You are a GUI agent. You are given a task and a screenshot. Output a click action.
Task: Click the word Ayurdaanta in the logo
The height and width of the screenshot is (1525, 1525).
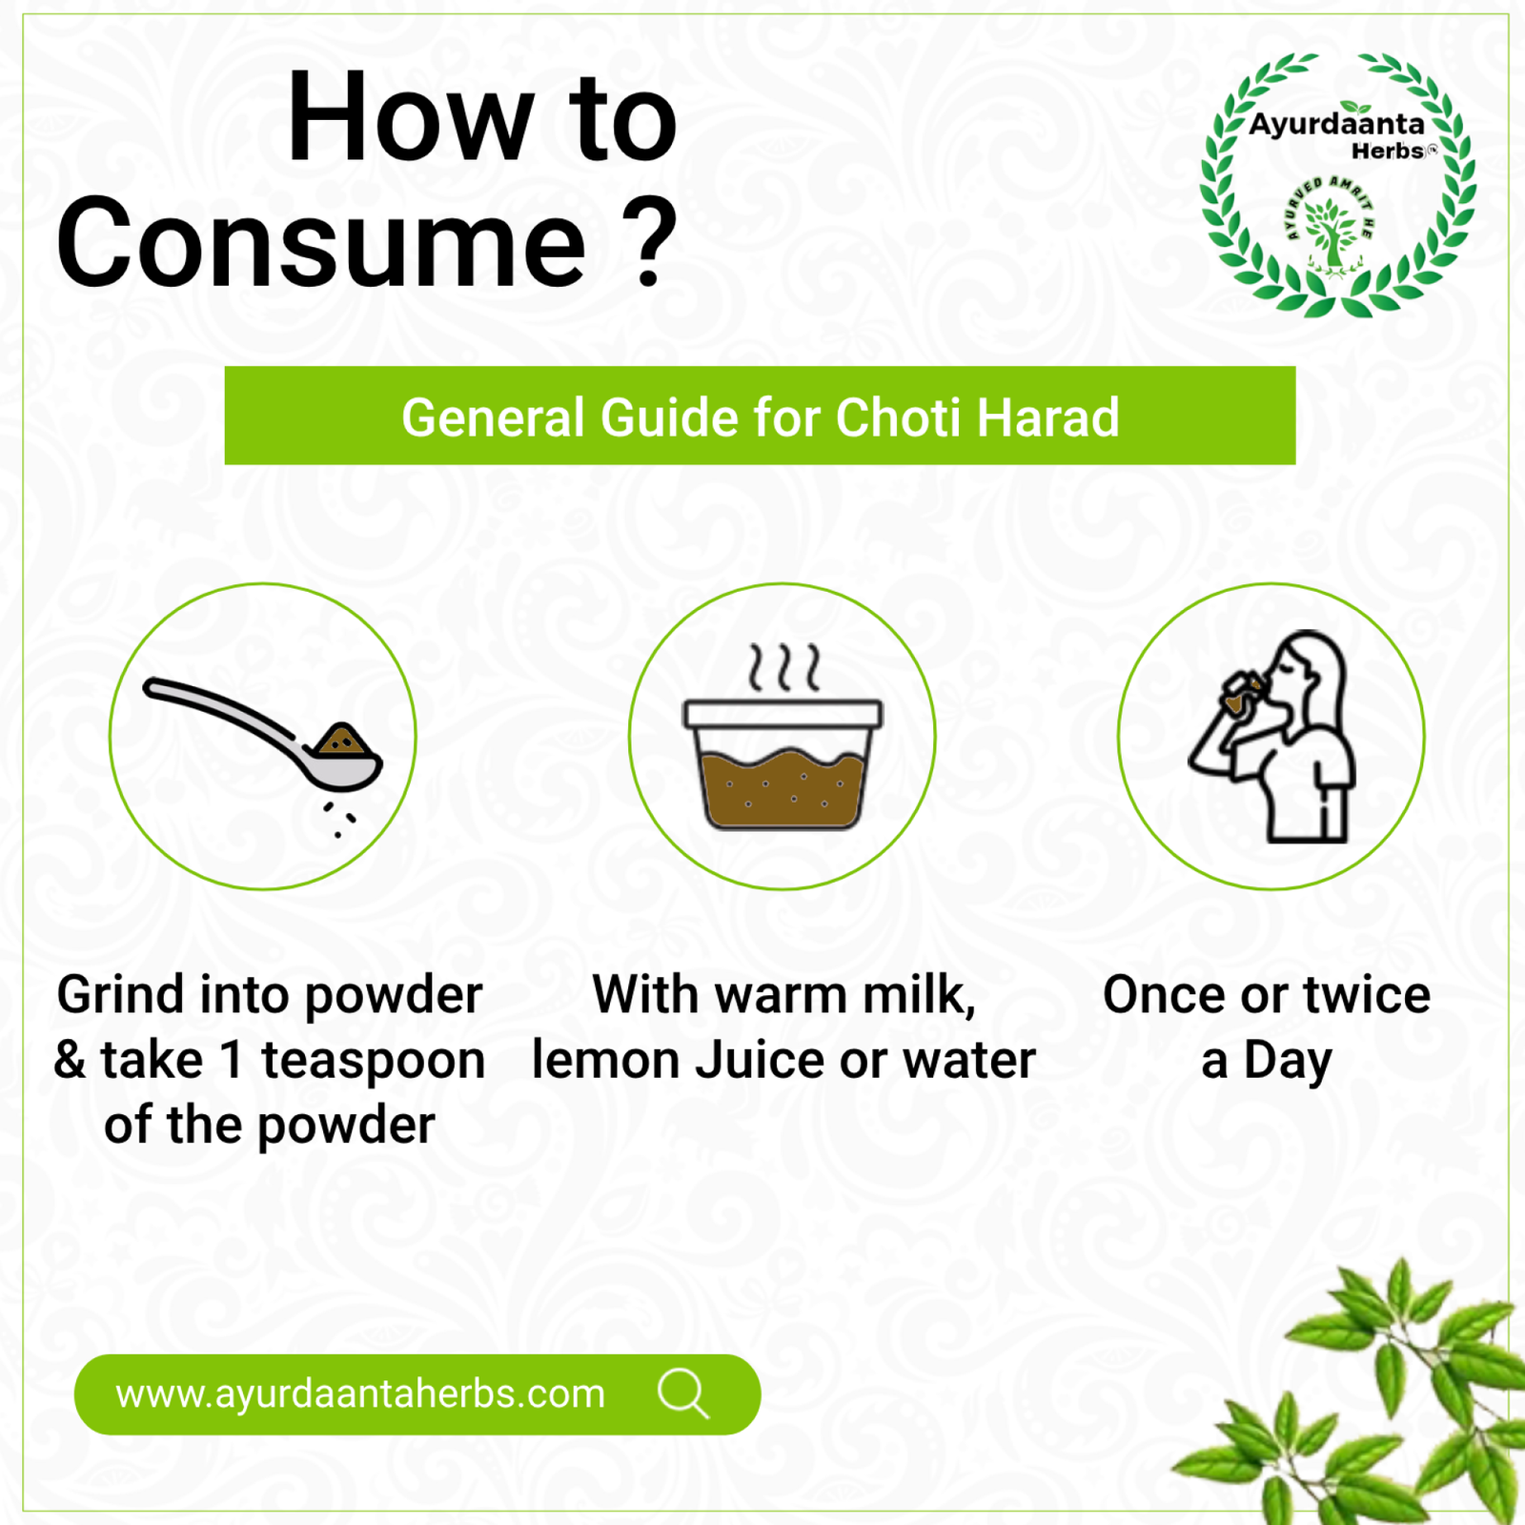1336,125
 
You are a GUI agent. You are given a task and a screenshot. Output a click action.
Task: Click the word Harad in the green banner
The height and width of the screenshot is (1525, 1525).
1047,417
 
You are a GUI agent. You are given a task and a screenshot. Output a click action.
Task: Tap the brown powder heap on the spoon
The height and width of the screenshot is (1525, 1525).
342,741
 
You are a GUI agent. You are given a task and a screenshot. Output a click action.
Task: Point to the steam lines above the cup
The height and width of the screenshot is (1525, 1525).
783,666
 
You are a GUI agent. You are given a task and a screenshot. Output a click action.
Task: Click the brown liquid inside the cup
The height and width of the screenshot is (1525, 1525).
783,789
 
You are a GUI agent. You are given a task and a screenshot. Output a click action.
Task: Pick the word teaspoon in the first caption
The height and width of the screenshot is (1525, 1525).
373,1061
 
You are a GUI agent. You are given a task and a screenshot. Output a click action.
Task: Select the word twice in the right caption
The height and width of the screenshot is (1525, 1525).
1367,995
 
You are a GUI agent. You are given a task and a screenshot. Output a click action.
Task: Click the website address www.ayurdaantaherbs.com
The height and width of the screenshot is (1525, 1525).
360,1394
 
